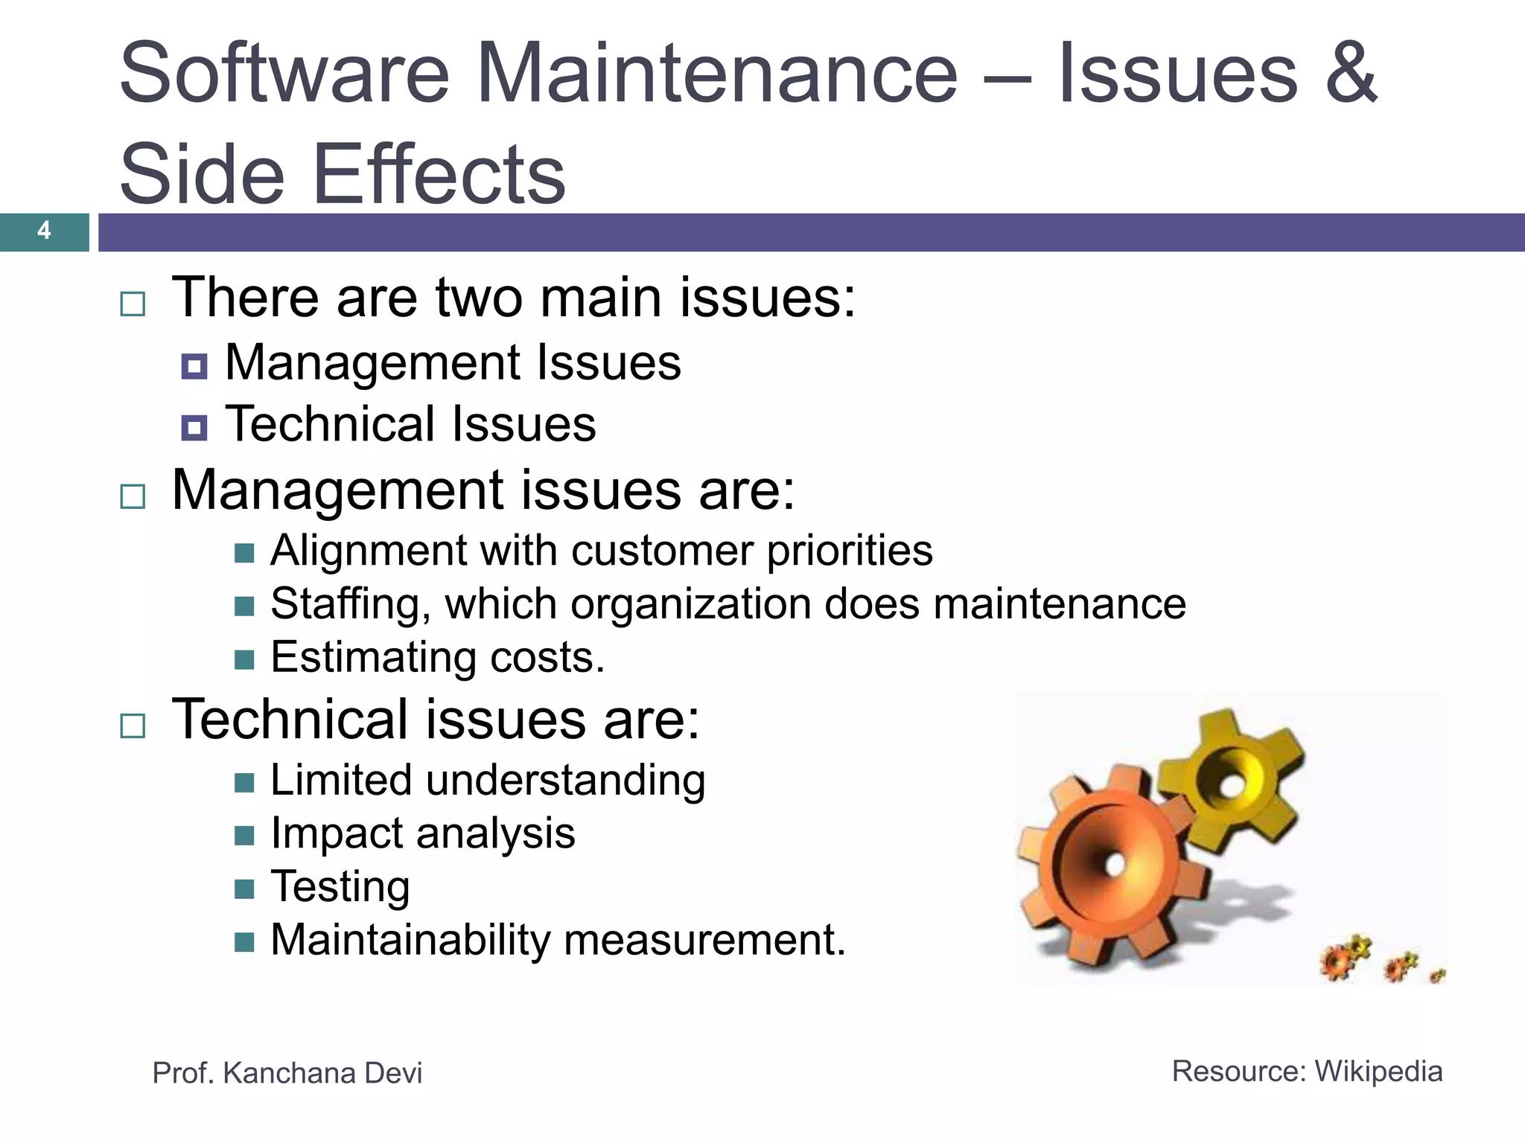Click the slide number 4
44,231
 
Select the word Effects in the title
439,174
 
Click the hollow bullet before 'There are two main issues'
133,304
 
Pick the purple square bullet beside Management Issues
194,366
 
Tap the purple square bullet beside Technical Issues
194,427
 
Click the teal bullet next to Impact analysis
244,836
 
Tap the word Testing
340,887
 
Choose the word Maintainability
410,940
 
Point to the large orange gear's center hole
1115,864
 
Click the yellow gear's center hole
1232,785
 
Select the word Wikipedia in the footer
1378,1072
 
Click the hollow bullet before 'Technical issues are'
133,726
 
